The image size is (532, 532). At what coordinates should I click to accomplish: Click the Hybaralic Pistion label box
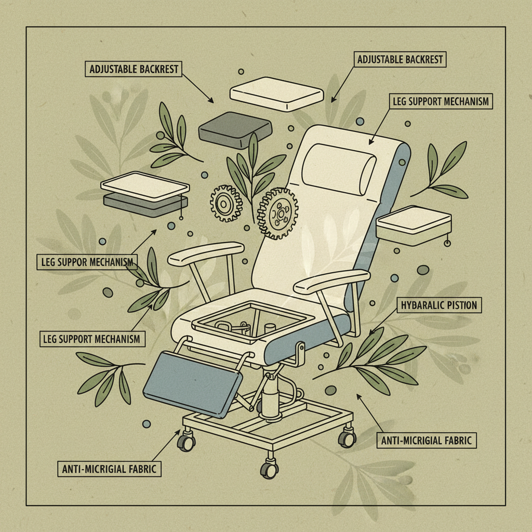coord(440,305)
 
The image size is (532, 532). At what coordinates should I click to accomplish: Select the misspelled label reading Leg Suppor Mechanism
coord(87,262)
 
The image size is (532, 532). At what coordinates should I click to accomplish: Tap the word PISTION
coord(462,305)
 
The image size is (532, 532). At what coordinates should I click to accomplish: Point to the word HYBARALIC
coord(421,305)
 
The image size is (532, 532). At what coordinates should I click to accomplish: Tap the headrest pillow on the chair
coord(338,166)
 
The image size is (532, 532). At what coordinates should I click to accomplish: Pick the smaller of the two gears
coord(227,204)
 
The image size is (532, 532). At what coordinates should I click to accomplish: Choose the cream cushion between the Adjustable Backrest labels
coord(277,97)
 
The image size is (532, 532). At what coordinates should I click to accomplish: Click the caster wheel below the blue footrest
coord(185,442)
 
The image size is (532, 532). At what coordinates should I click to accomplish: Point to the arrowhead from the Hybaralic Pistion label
coord(371,332)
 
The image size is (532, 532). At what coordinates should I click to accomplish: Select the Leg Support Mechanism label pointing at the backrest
coord(441,101)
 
